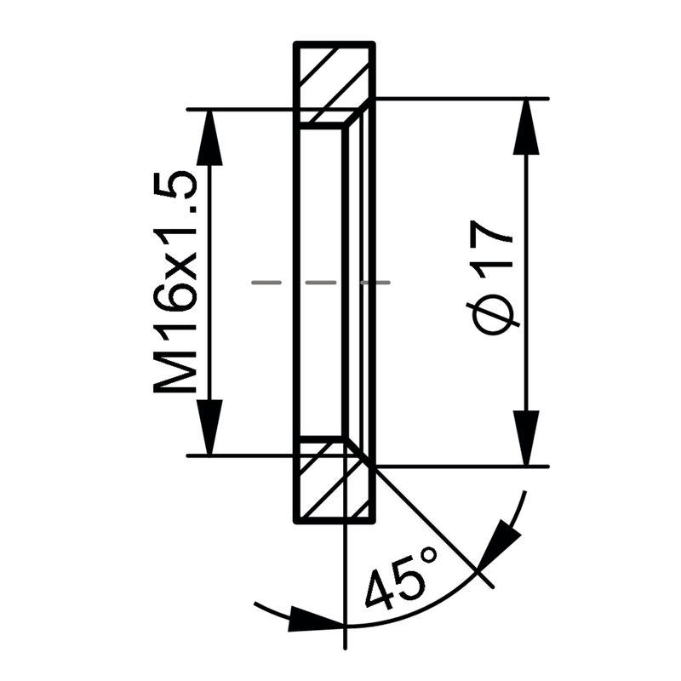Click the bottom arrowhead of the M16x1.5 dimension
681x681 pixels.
pyautogui.click(x=209, y=426)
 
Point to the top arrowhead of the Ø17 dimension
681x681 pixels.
pyautogui.click(x=528, y=128)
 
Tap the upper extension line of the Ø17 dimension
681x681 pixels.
pyautogui.click(x=460, y=99)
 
